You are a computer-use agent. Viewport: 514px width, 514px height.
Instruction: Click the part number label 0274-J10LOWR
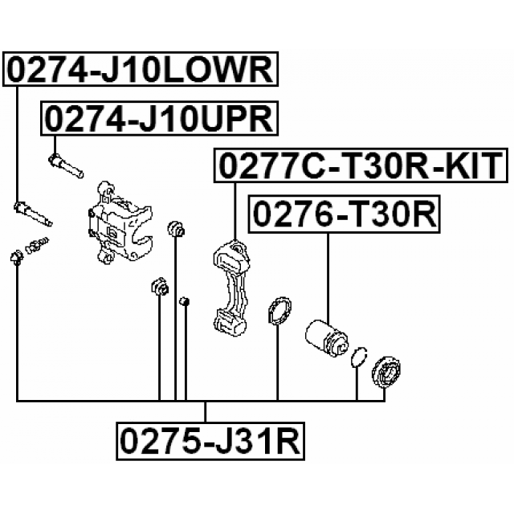tap(141, 71)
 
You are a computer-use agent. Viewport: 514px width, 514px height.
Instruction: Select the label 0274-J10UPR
tap(159, 120)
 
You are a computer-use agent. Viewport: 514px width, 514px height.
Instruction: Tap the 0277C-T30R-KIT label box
tap(360, 166)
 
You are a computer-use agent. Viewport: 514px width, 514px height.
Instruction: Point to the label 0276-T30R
tap(345, 214)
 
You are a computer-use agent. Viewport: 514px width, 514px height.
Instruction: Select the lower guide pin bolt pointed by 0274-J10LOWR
tap(32, 214)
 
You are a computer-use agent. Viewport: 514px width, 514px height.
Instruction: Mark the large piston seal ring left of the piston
tap(279, 312)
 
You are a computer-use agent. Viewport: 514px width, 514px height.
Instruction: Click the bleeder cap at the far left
tap(15, 257)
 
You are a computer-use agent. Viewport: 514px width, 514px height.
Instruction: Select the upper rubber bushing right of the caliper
tap(177, 230)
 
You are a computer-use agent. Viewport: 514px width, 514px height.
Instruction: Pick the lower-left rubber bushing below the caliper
tap(159, 287)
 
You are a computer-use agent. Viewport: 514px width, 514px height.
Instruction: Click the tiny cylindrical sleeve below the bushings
tap(184, 302)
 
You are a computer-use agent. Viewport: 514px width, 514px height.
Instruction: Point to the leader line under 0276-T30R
tap(328, 273)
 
